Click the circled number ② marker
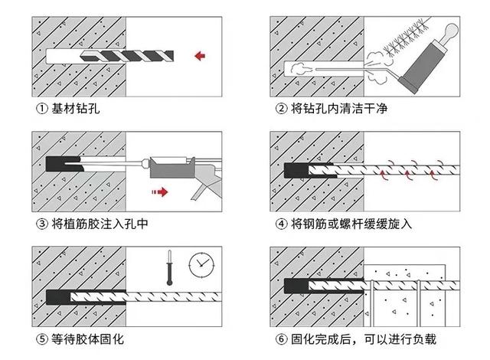coord(281,109)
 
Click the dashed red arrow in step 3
coord(158,191)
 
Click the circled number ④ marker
coord(281,224)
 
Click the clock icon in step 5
coord(201,264)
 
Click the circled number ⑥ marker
coord(281,339)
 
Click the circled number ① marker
coord(39,109)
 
